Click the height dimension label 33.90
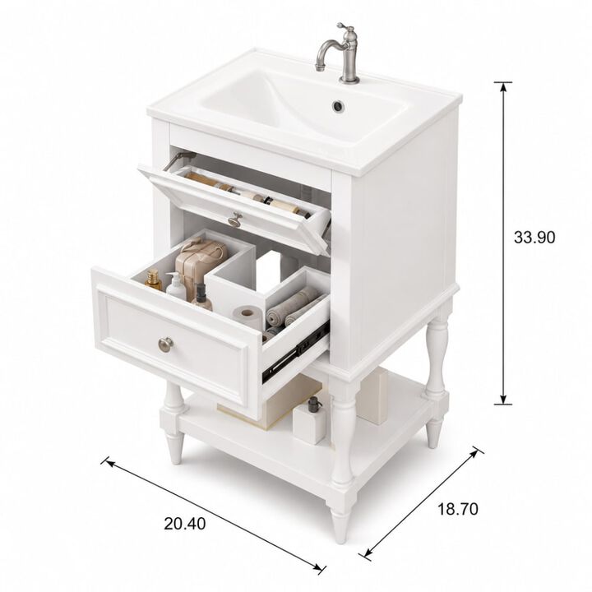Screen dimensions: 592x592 pos(534,238)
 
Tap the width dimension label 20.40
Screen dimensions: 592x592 pos(185,524)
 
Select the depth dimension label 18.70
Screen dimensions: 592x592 pos(458,509)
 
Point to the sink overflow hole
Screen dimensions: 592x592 pos(338,106)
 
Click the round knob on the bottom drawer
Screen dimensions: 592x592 pos(165,344)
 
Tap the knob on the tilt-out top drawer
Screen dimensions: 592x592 pos(235,219)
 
